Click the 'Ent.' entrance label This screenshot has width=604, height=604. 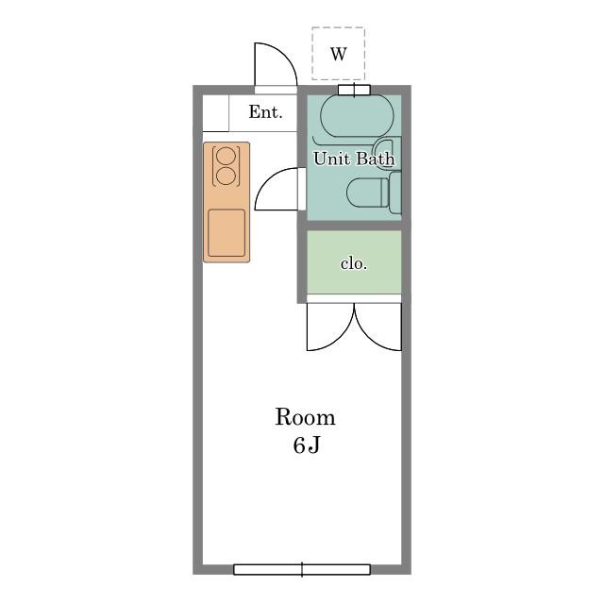pos(265,112)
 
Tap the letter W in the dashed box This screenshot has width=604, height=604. pos(339,54)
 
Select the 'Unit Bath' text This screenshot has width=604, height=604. pos(354,159)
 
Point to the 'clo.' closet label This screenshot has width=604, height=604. pos(354,263)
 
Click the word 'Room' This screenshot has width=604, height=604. pos(305,417)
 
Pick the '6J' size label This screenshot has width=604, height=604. pos(306,445)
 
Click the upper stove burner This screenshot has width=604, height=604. pos(226,157)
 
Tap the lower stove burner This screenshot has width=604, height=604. pos(226,176)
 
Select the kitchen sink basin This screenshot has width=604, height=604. pos(226,233)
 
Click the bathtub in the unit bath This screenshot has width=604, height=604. pos(357,116)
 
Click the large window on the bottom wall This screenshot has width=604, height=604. pos(302,569)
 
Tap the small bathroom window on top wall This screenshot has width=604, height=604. pos(355,91)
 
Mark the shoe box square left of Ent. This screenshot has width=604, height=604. pos(216,113)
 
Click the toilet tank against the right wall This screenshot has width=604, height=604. pos(395,193)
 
